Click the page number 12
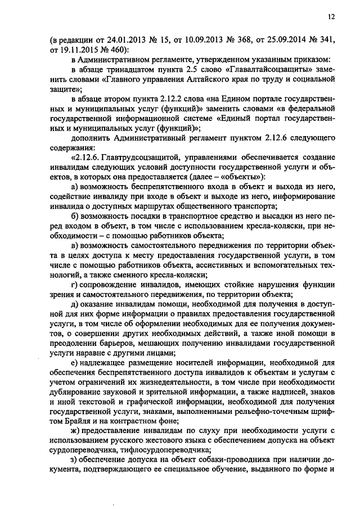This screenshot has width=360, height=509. (x=331, y=17)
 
